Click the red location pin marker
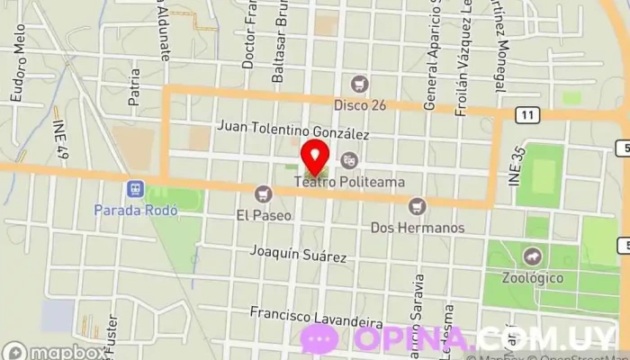pos(315,157)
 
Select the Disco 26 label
pos(360,105)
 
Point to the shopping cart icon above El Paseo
pos(263,192)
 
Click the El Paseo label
pos(262,215)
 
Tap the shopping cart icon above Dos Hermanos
pos(417,206)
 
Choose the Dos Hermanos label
pos(418,228)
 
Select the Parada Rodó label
pos(136,211)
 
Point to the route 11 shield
pos(527,113)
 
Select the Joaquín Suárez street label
pos(300,255)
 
